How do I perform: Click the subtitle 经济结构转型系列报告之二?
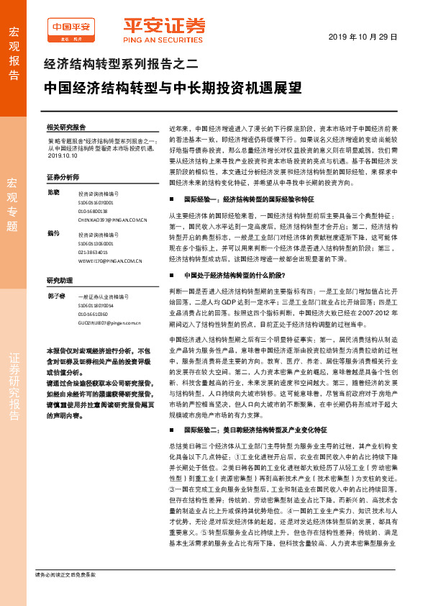(121, 64)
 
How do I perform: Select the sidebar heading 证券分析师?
(62, 176)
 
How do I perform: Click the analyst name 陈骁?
(53, 192)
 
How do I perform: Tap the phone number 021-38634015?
(94, 253)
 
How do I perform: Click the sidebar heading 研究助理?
(60, 280)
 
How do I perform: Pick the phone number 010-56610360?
(94, 315)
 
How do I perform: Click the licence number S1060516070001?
(96, 203)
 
